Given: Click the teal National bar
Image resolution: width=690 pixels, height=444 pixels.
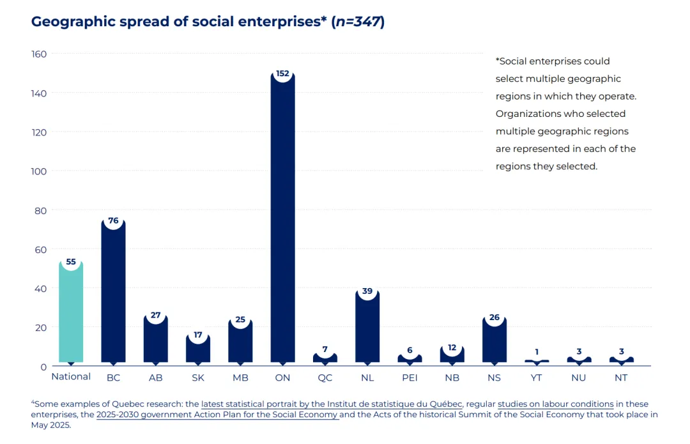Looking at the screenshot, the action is pyautogui.click(x=71, y=312).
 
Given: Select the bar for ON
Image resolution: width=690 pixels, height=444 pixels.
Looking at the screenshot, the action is pyautogui.click(x=282, y=218).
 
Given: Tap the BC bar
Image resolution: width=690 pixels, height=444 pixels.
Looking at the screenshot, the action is pyautogui.click(x=113, y=291).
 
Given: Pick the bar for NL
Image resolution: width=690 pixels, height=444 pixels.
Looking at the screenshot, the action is pyautogui.click(x=367, y=326).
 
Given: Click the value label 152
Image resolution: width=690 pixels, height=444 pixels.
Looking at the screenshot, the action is pyautogui.click(x=282, y=73).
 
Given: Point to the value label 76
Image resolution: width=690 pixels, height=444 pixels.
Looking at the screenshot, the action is pyautogui.click(x=113, y=220).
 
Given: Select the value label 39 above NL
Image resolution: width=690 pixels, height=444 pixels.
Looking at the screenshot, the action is pyautogui.click(x=367, y=291).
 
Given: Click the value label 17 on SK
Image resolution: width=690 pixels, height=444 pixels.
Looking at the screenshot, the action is pyautogui.click(x=198, y=335).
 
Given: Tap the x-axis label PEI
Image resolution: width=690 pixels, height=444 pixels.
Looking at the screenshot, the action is pyautogui.click(x=410, y=378).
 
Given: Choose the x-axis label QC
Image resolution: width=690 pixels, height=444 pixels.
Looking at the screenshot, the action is pyautogui.click(x=325, y=378).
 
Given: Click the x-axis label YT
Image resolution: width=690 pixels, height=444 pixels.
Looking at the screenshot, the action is pyautogui.click(x=536, y=378).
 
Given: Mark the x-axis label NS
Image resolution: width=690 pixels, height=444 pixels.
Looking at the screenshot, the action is pyautogui.click(x=494, y=378).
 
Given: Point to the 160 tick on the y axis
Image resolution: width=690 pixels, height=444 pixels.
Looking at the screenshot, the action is pyautogui.click(x=39, y=54).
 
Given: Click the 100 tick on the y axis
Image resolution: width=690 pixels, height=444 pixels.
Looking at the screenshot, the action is pyautogui.click(x=39, y=171).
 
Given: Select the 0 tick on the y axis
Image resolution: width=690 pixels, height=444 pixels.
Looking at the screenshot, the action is pyautogui.click(x=43, y=367).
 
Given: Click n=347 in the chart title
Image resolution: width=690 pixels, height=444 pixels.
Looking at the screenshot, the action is pyautogui.click(x=358, y=22).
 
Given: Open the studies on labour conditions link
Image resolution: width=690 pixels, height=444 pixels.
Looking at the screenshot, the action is pyautogui.click(x=555, y=404).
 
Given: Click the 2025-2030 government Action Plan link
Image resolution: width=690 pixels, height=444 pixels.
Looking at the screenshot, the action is pyautogui.click(x=217, y=415).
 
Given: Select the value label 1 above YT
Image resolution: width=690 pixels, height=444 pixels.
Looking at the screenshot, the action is pyautogui.click(x=537, y=351).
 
